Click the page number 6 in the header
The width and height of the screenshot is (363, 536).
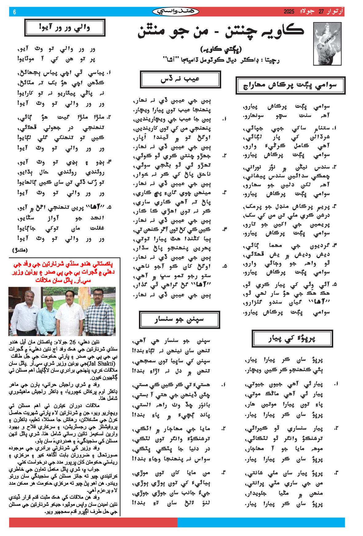[x=14, y=12]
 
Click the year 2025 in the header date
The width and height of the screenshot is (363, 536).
[x=289, y=12]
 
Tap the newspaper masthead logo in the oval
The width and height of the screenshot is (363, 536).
[x=176, y=12]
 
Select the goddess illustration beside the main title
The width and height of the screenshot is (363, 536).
[x=327, y=43]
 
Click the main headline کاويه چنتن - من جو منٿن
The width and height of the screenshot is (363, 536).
[x=221, y=32]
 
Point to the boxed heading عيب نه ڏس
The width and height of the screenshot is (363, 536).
[x=180, y=79]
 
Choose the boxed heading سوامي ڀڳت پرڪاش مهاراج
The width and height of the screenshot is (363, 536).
[x=290, y=85]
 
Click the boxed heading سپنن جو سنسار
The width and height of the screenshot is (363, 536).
[x=179, y=320]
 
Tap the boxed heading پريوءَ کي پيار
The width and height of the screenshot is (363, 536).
[x=292, y=338]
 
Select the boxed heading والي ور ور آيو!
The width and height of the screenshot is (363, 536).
[x=65, y=28]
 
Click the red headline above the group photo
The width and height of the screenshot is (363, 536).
[x=64, y=272]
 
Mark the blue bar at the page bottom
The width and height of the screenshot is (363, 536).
[x=261, y=522]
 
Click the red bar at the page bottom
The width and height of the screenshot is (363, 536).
[x=93, y=522]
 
